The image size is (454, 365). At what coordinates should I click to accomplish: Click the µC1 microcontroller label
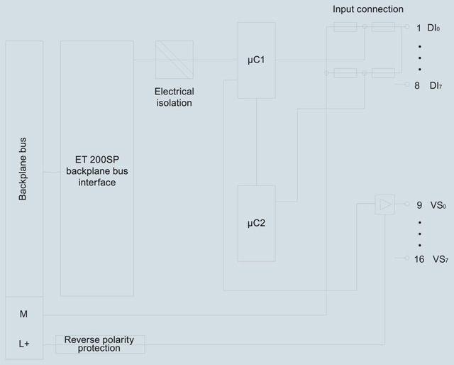(256, 60)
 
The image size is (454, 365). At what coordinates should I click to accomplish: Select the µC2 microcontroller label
(256, 223)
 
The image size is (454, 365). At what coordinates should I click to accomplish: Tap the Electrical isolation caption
(175, 97)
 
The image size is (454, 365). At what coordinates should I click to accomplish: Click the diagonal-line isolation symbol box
(175, 60)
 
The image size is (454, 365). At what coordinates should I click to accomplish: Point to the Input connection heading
(368, 9)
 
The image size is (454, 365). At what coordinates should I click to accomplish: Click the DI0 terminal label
(433, 28)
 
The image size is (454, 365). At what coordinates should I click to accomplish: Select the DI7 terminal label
(436, 85)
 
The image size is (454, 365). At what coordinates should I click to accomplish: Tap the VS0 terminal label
(438, 205)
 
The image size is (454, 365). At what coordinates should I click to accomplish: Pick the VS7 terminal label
(441, 259)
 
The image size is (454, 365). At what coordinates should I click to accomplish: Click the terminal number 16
(419, 259)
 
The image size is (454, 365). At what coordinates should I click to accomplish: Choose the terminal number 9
(419, 205)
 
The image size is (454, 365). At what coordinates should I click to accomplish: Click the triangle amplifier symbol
(385, 205)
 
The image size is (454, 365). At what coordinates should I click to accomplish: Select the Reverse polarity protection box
(100, 344)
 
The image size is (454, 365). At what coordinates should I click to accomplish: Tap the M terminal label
(23, 314)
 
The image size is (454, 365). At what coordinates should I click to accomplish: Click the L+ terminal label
(24, 344)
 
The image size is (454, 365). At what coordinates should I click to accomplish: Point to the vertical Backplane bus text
(23, 169)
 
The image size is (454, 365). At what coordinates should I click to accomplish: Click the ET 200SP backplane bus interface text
(97, 171)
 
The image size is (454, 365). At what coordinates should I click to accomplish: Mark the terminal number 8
(417, 85)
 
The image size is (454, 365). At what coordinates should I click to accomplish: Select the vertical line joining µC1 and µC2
(256, 142)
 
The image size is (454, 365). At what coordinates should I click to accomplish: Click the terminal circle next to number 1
(407, 27)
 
